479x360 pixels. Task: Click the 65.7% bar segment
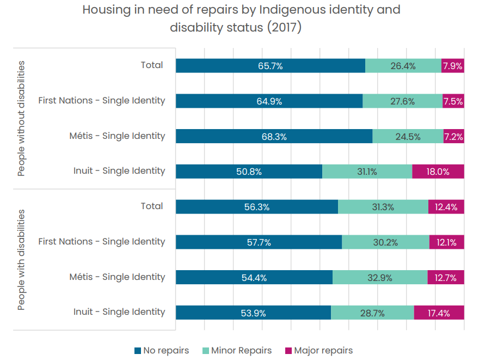271,66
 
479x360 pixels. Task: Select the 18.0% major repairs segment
438,172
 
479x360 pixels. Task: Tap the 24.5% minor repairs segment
408,136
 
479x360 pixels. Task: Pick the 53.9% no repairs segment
253,313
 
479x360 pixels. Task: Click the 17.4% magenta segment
439,313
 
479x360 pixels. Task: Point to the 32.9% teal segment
380,277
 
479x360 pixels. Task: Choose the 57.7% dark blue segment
259,242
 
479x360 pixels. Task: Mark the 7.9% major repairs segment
453,66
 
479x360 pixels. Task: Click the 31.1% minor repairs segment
367,172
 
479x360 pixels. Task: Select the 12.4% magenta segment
446,207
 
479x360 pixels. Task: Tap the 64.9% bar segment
269,101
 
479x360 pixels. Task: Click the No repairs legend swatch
138,351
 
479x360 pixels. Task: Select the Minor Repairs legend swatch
206,351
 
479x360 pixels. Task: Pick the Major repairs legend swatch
288,351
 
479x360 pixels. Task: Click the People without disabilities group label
21,119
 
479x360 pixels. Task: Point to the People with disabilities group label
21,260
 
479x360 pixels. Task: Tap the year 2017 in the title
284,28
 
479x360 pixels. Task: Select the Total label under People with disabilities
152,206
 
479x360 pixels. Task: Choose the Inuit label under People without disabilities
119,170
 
